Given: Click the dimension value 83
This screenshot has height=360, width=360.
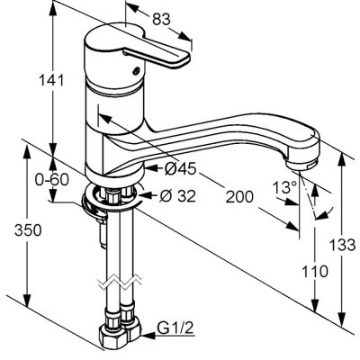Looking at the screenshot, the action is pyautogui.click(x=161, y=20).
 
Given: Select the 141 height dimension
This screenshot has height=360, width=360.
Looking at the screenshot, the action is pyautogui.click(x=51, y=80).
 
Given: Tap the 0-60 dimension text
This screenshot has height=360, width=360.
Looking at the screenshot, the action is pyautogui.click(x=52, y=180).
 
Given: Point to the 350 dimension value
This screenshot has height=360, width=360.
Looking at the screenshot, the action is pyautogui.click(x=28, y=230).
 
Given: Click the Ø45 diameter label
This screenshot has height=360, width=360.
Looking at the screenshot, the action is pyautogui.click(x=181, y=169).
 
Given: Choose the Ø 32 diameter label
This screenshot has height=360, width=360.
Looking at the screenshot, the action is pyautogui.click(x=177, y=196).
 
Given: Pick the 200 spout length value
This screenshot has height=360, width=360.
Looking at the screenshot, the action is pyautogui.click(x=239, y=197).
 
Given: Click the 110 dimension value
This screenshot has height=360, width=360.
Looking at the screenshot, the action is pyautogui.click(x=315, y=272).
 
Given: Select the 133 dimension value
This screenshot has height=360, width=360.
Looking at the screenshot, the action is pyautogui.click(x=343, y=245).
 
